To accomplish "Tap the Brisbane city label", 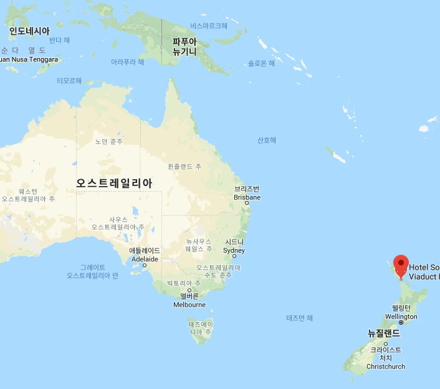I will coord(247,193).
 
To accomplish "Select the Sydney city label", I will coord(234,246).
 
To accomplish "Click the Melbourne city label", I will coord(189,300).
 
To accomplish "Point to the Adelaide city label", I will coord(144,255).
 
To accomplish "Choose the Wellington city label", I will coord(401,312).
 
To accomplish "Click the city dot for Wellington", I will coord(399,323).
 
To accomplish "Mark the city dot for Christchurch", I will coord(386,344).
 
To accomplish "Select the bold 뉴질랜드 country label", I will coord(383,333).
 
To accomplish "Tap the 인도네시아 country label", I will coord(29,31).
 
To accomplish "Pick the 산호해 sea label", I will coord(267,140).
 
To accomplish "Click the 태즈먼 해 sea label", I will coord(300,318).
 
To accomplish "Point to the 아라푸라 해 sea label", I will coord(127,62).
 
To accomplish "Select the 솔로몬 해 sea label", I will coord(261,63).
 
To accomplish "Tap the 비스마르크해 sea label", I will coord(209,26).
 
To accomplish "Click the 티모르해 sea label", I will coord(69,81).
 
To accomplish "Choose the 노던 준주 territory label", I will coord(109,142).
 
